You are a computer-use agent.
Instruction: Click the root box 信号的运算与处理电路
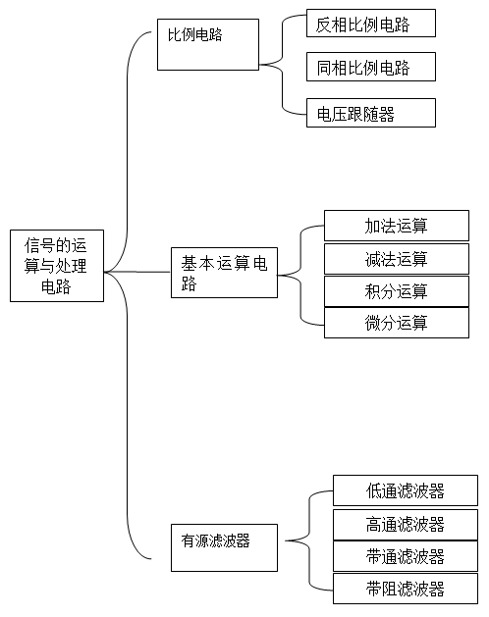point(57,266)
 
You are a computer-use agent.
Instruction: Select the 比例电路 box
point(208,44)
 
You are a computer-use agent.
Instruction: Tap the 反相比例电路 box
point(371,24)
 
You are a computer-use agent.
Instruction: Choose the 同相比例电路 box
point(371,67)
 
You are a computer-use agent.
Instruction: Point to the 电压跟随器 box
point(371,113)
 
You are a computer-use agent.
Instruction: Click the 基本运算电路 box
point(224,273)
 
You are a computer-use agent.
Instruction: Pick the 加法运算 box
point(397,226)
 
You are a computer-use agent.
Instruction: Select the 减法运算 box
point(397,259)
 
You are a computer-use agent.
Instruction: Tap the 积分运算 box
point(397,291)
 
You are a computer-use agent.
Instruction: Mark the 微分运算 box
point(397,323)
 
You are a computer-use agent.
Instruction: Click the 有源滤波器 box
point(224,547)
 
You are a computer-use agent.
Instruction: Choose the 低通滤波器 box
point(406,490)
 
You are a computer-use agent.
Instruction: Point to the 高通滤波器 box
point(406,525)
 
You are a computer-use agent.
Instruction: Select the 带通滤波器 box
point(406,556)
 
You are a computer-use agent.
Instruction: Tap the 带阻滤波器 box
point(406,589)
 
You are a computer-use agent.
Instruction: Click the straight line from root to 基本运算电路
point(137,272)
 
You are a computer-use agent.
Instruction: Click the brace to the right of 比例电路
point(283,65)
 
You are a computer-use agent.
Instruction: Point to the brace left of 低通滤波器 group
point(309,540)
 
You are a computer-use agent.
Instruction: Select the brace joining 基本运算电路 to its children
point(301,275)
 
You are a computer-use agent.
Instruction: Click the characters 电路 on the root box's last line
point(56,286)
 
